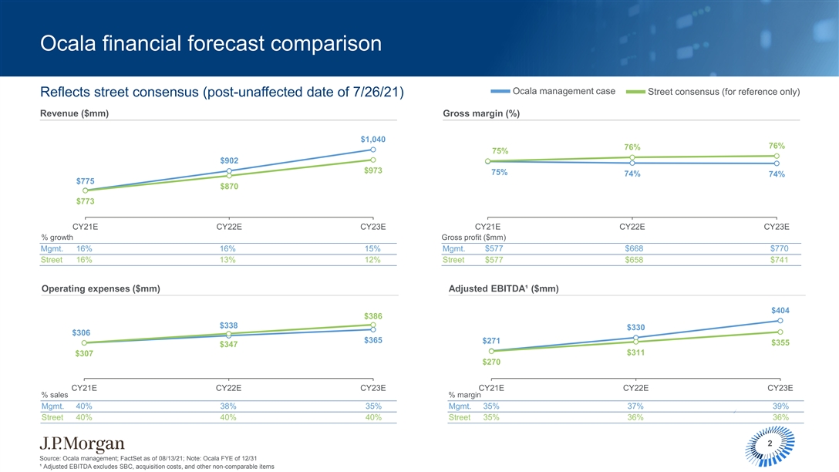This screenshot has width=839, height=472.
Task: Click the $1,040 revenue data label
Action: click(x=372, y=139)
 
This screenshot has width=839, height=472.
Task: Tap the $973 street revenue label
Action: click(x=374, y=170)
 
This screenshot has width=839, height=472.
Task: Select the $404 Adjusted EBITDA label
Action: click(x=780, y=310)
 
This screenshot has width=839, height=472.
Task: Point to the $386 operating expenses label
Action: click(x=374, y=316)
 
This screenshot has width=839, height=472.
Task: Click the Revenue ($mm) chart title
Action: click(x=74, y=114)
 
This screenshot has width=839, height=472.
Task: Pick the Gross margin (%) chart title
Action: click(x=481, y=114)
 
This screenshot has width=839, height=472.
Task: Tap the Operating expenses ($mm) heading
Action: click(x=100, y=288)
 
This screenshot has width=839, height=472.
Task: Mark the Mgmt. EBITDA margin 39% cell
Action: click(x=780, y=406)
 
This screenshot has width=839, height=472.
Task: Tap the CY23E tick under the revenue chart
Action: click(x=373, y=227)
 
